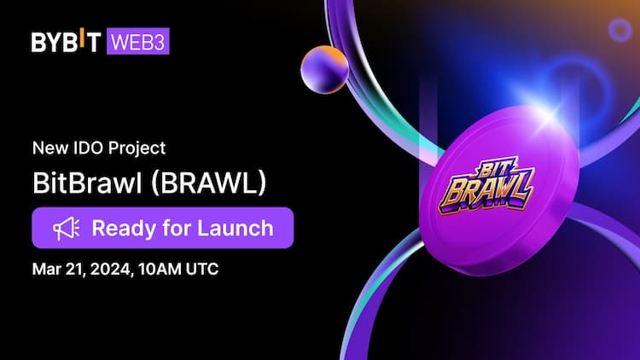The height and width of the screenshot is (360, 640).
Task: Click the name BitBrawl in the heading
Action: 82,184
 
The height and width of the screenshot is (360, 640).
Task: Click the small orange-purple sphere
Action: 323,67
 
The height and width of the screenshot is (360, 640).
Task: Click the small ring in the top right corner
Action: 620,31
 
